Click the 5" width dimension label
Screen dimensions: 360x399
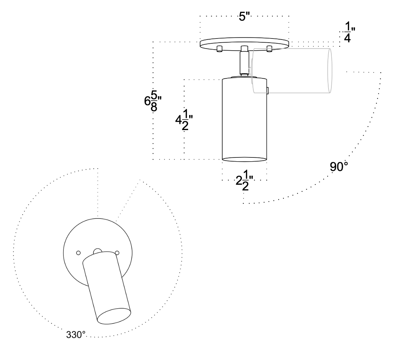pyautogui.click(x=245, y=16)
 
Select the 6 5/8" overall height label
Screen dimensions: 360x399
pyautogui.click(x=151, y=101)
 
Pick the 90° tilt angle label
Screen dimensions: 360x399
pyautogui.click(x=339, y=167)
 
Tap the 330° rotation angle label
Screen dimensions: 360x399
pyautogui.click(x=75, y=335)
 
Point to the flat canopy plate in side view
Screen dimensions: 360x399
pyautogui.click(x=245, y=43)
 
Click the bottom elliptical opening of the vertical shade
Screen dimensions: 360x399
pyautogui.click(x=245, y=159)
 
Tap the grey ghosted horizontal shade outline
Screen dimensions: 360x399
pyautogui.click(x=291, y=71)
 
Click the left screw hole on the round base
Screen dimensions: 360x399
pyautogui.click(x=78, y=253)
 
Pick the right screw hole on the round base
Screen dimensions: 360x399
pyautogui.click(x=117, y=253)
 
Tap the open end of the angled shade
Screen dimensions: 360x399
pyautogui.click(x=114, y=316)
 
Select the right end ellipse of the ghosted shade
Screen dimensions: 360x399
pyautogui.click(x=330, y=71)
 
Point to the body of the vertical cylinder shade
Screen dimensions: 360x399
pyautogui.click(x=245, y=118)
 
